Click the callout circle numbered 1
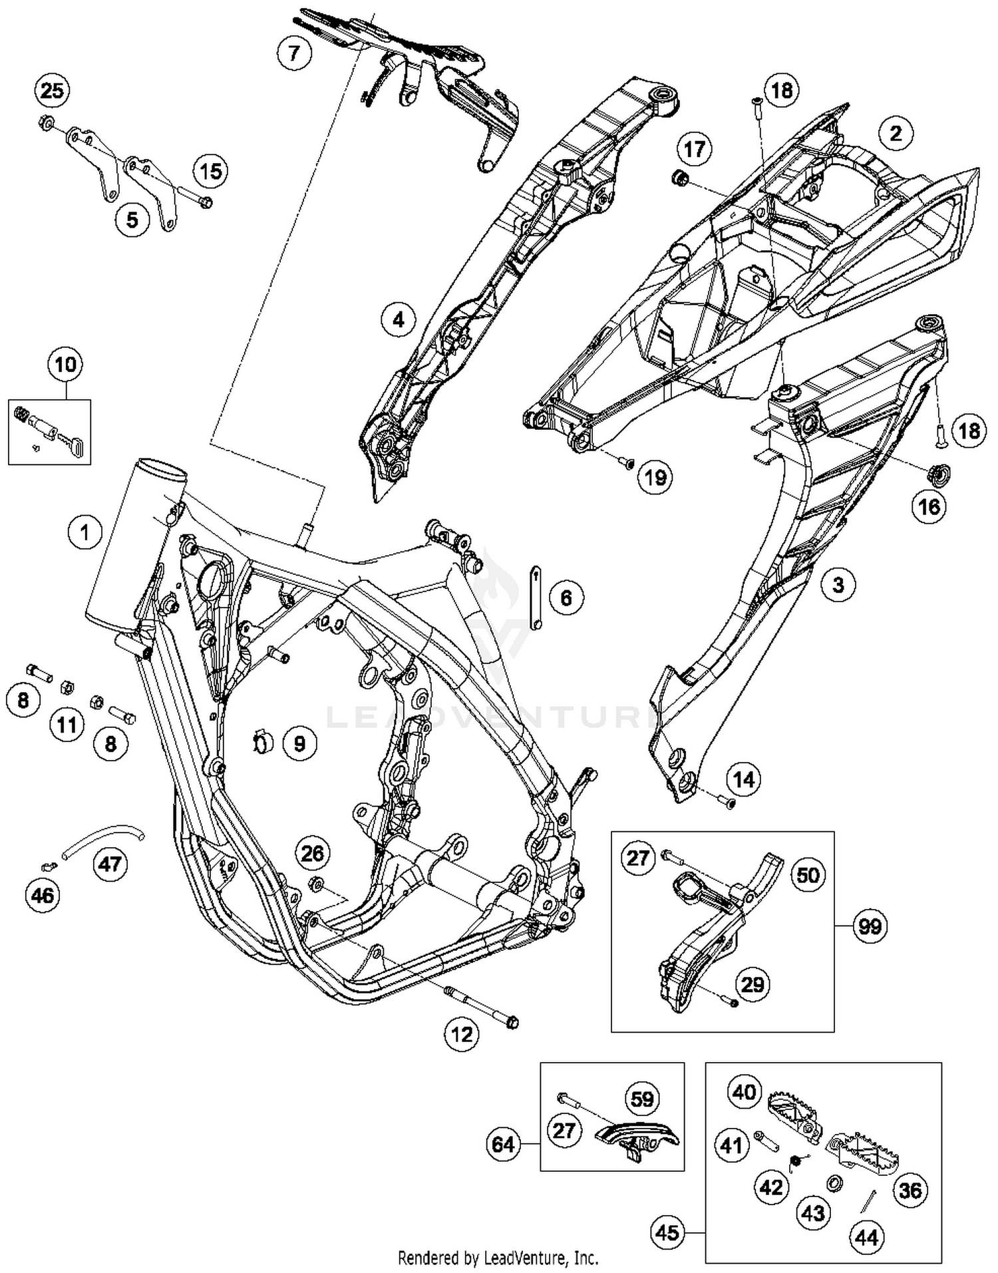84,533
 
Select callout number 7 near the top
294,52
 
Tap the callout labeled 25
52,91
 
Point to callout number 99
870,926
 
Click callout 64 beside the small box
503,1144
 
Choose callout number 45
667,1232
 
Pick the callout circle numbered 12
462,1033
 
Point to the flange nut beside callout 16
939,473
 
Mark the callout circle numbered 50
808,874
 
